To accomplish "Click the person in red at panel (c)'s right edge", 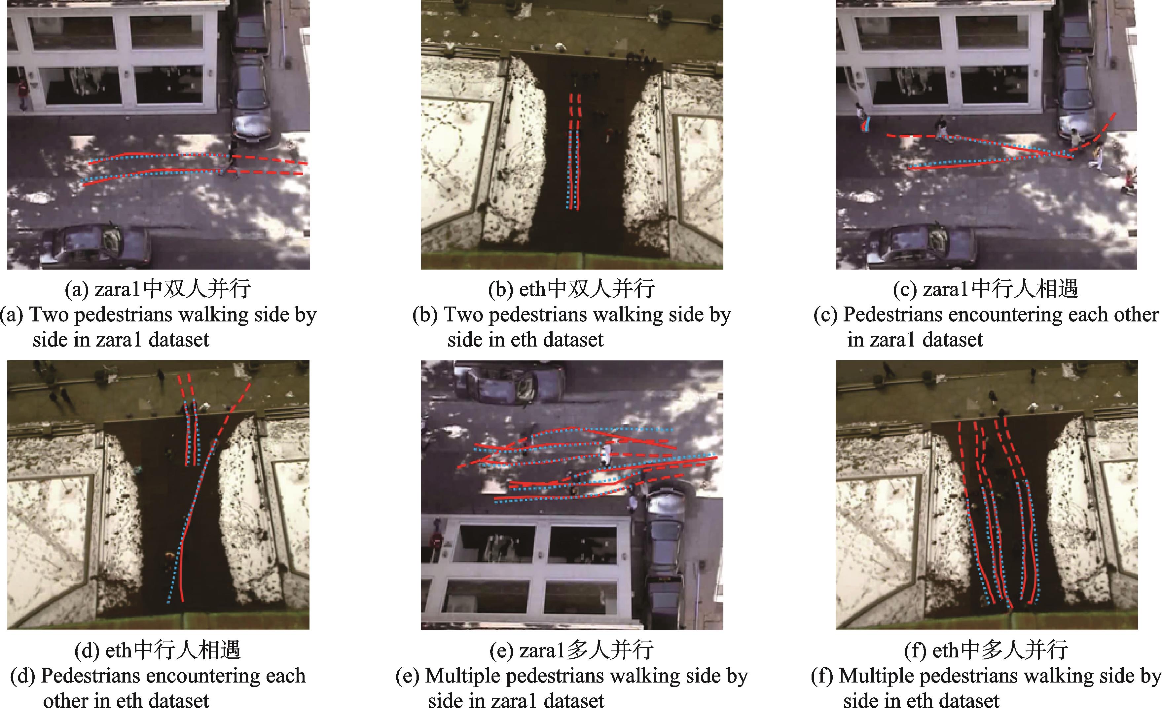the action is click(x=1129, y=182).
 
